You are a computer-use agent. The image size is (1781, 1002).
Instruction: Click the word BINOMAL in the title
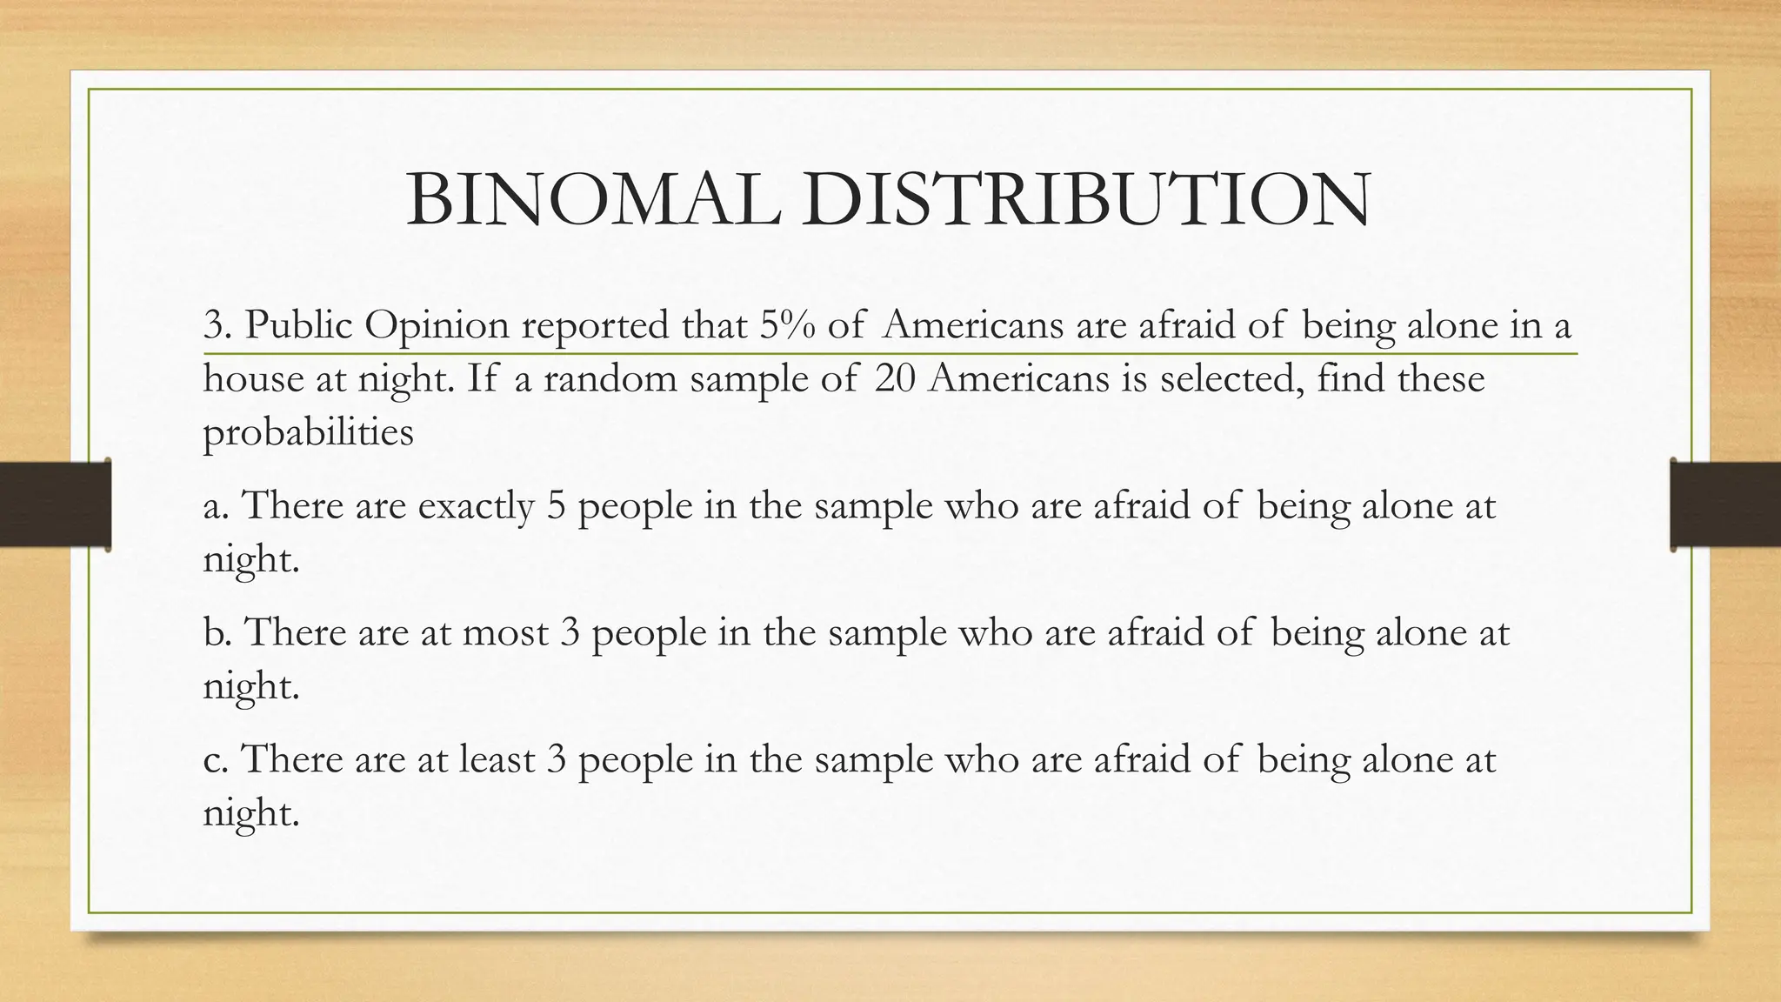pyautogui.click(x=593, y=201)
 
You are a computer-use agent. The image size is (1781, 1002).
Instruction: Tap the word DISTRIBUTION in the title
pyautogui.click(x=1084, y=201)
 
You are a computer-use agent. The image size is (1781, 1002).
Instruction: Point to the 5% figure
pyautogui.click(x=787, y=325)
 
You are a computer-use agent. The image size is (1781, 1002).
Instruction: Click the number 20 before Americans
pyautogui.click(x=895, y=379)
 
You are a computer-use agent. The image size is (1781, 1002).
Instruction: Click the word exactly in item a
pyautogui.click(x=476, y=506)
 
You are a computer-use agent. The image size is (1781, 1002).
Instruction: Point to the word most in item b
pyautogui.click(x=505, y=632)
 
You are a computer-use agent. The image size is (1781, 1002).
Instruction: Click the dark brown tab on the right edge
pyautogui.click(x=1725, y=504)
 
